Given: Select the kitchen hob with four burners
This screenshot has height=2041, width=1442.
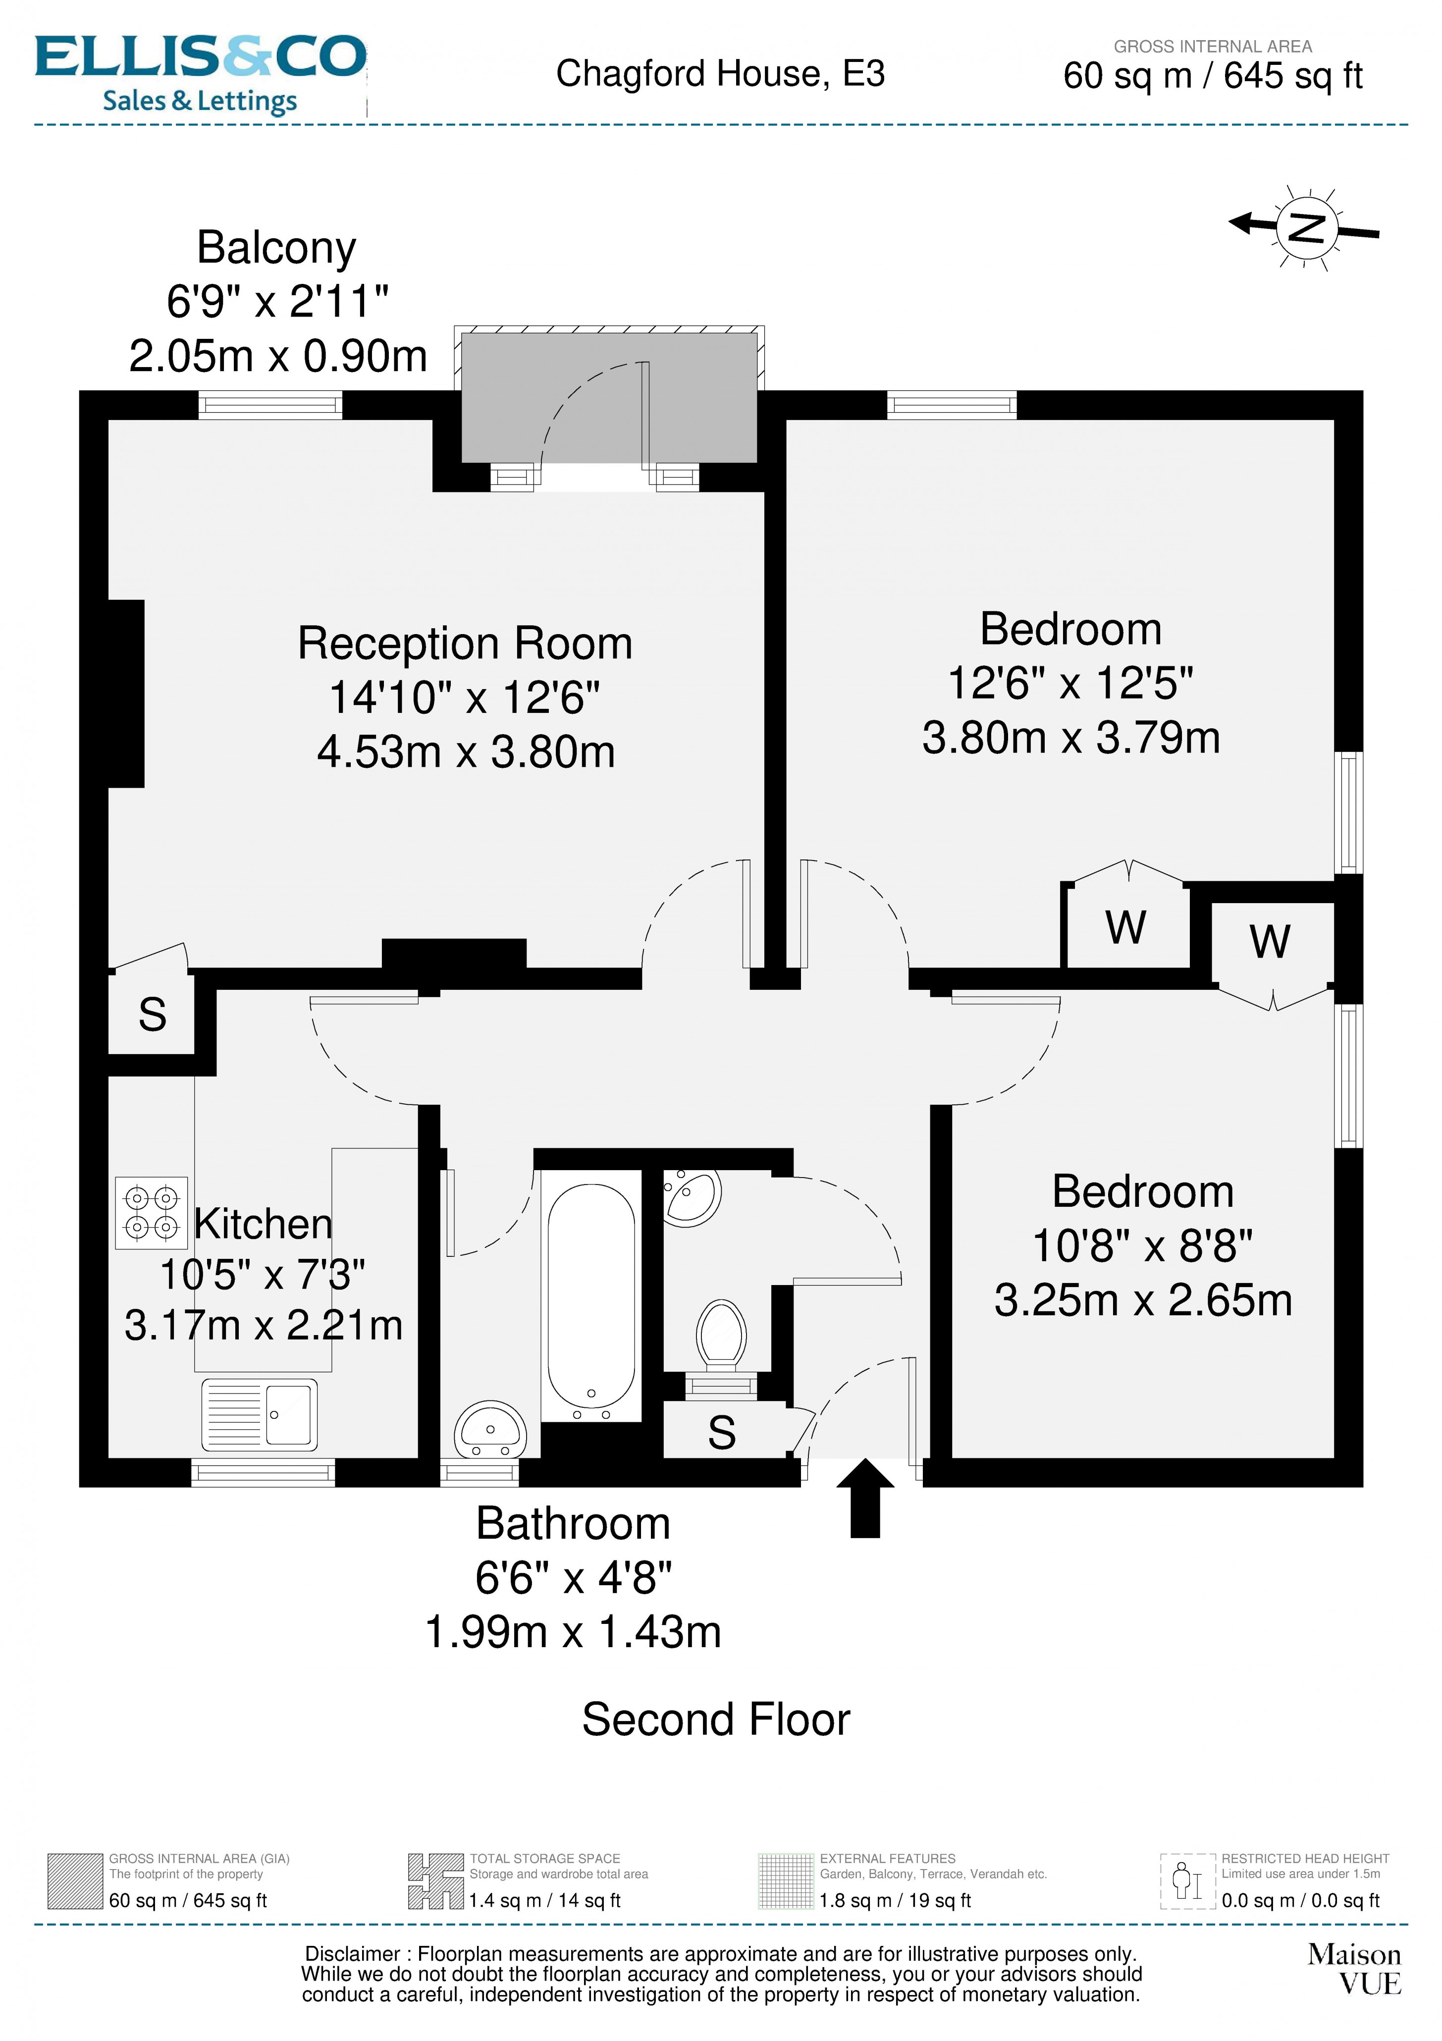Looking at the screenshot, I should [x=151, y=1213].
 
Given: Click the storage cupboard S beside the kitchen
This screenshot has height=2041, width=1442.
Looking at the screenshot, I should [x=152, y=1014].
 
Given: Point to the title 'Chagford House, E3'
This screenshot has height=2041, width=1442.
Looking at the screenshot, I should [x=720, y=74].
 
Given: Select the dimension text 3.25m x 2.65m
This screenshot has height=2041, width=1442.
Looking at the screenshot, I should [x=1142, y=1299].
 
